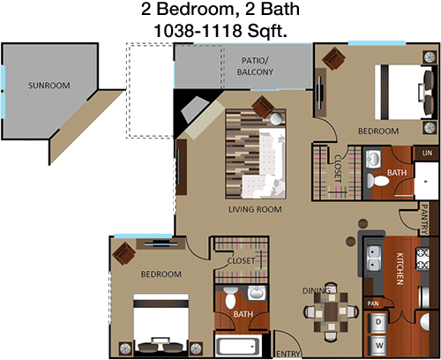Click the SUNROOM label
(x=49, y=86)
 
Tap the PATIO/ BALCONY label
(x=255, y=66)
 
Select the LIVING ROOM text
(x=255, y=209)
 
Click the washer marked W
(x=378, y=345)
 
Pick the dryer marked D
(x=378, y=323)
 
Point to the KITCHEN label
(x=400, y=268)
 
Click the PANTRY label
(x=424, y=219)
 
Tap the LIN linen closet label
(x=427, y=153)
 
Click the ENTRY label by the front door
(x=288, y=354)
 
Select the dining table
(x=331, y=311)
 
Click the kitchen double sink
(x=373, y=258)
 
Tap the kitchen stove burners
(x=422, y=259)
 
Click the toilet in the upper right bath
(x=377, y=181)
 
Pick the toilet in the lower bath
(x=231, y=298)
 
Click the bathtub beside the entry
(x=237, y=346)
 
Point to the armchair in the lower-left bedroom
(x=123, y=253)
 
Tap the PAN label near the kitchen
(x=373, y=304)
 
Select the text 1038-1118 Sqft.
(x=220, y=31)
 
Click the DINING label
(x=317, y=291)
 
